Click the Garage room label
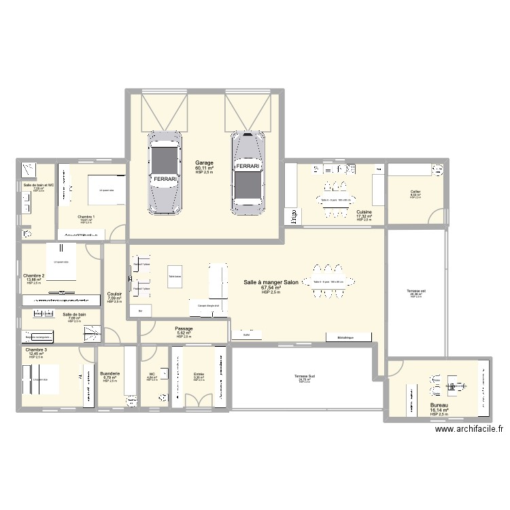click(204, 163)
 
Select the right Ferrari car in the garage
click(247, 170)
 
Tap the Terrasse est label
click(416, 291)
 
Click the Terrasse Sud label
click(304, 376)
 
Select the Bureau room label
click(439, 405)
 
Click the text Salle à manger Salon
click(270, 282)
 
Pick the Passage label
click(184, 328)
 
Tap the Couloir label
click(114, 294)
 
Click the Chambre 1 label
click(86, 217)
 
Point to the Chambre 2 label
click(33, 275)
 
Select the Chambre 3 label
click(36, 350)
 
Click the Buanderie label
click(109, 373)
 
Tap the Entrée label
click(199, 374)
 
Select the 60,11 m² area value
click(204, 168)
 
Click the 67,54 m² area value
click(270, 288)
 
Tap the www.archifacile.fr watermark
click(469, 429)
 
